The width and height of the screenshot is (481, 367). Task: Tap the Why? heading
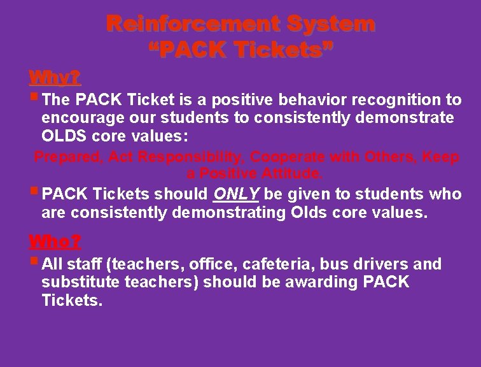(55, 78)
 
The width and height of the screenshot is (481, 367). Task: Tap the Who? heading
(55, 241)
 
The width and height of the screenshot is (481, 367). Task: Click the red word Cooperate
(294, 157)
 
